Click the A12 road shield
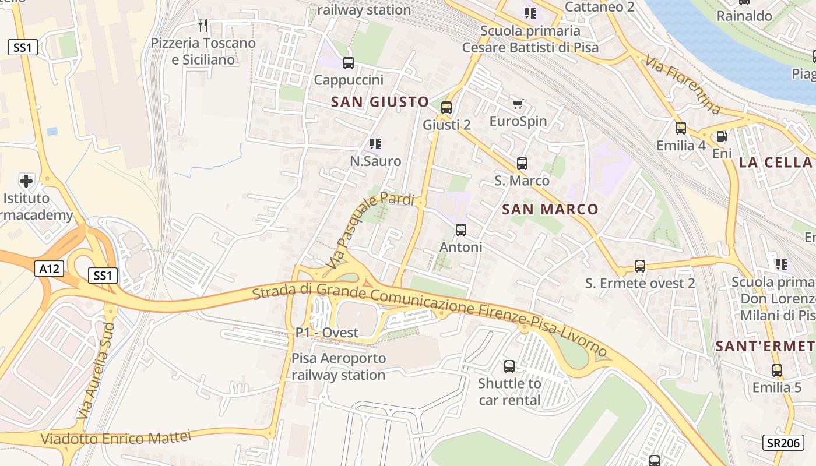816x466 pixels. click(49, 269)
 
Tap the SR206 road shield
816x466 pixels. click(783, 443)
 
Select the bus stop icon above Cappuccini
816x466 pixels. click(349, 63)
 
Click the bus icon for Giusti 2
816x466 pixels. click(446, 108)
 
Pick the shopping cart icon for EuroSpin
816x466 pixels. click(518, 104)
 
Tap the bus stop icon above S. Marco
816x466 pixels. click(522, 164)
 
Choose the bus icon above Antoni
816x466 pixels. click(461, 230)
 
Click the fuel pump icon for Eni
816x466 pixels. click(722, 136)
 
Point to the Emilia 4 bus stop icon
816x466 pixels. click(681, 128)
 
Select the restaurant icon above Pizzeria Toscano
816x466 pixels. click(203, 26)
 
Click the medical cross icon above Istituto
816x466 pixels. click(26, 181)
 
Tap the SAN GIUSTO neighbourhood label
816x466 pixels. click(380, 102)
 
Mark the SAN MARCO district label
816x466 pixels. click(550, 209)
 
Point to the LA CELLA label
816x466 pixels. click(775, 163)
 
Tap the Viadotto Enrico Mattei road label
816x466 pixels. click(116, 438)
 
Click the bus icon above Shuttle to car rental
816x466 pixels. click(509, 366)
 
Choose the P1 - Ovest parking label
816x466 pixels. click(327, 333)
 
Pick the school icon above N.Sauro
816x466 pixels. click(375, 143)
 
